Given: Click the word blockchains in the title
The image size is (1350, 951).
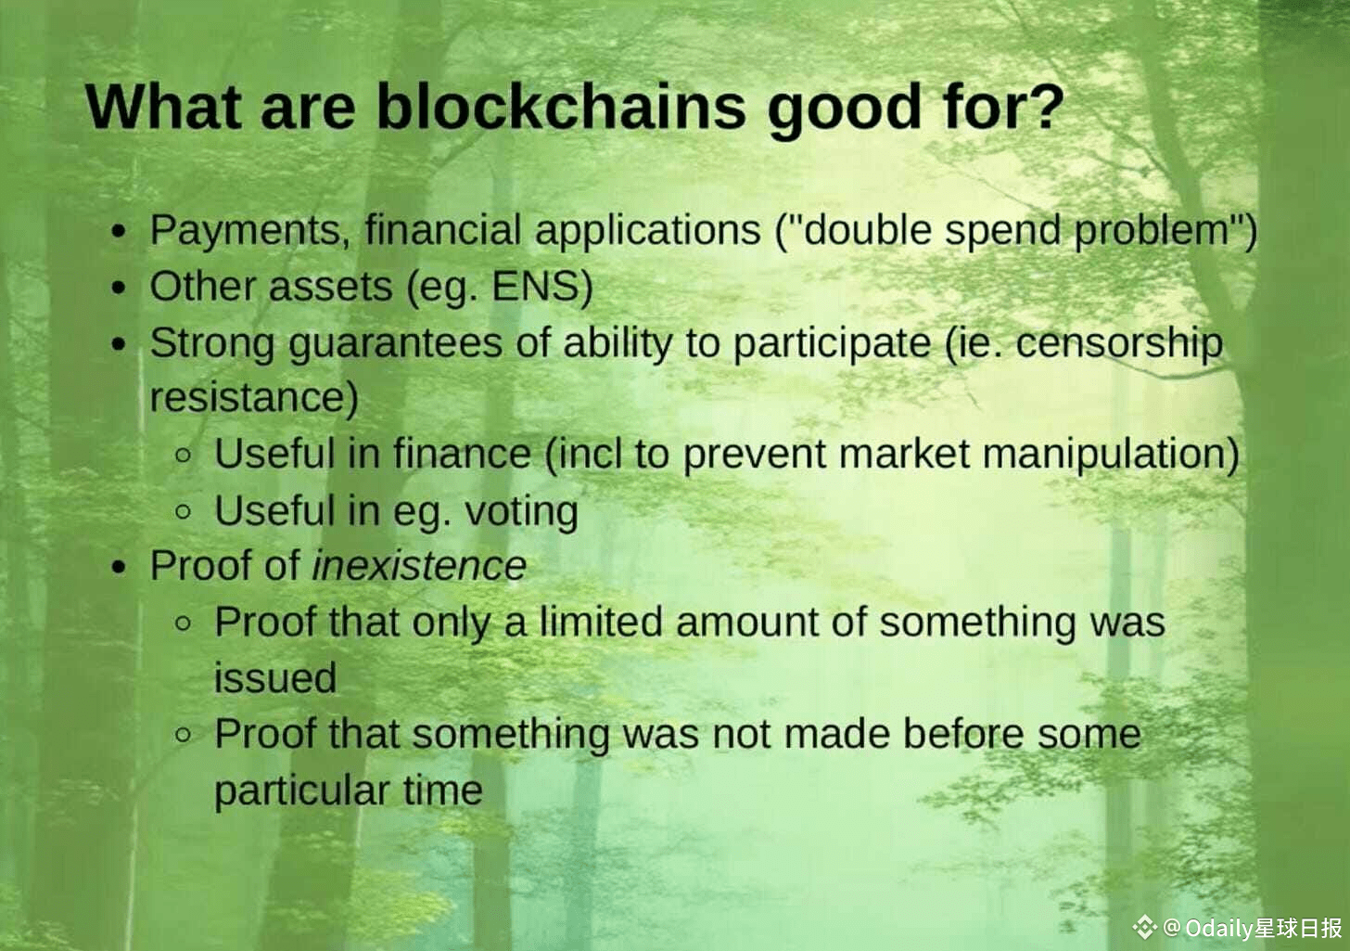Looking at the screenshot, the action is coord(561,108).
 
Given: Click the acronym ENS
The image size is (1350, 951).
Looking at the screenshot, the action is coord(541,286).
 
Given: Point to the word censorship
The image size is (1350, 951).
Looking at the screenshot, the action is coord(1120,344).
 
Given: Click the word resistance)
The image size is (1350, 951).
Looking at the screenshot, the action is coord(254,398).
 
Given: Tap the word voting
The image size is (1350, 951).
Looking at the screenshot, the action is coord(521,512).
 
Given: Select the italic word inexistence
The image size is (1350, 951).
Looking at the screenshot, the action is coord(419,566).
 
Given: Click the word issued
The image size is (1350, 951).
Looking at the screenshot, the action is coord(275,678).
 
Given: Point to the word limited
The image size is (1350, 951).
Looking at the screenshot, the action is coord(601,622).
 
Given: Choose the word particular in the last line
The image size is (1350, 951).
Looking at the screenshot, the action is coord(302,791).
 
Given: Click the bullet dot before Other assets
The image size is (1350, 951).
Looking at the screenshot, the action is coord(119,288).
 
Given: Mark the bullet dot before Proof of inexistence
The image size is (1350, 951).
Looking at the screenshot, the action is coord(119,568).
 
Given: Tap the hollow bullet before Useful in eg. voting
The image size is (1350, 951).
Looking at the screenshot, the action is coord(184,512).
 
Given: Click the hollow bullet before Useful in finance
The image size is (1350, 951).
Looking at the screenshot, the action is coord(184,456).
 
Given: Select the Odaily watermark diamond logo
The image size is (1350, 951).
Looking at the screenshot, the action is coord(1144,928).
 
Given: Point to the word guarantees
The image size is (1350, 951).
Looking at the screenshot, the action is coord(395,344).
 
